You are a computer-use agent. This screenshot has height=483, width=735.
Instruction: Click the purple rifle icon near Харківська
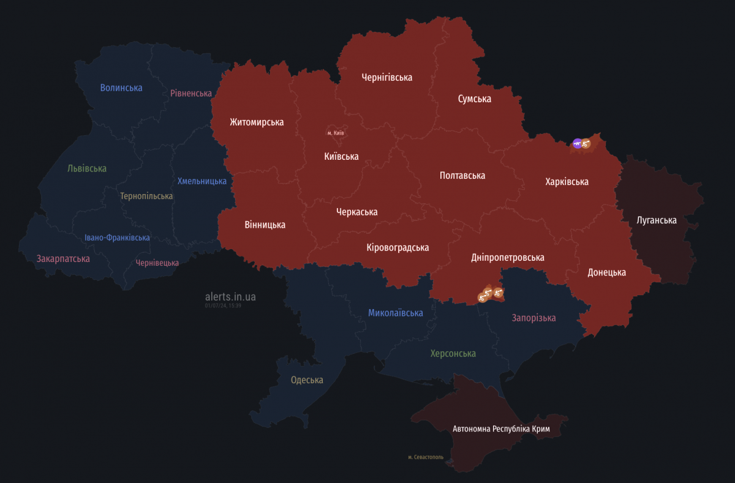577,144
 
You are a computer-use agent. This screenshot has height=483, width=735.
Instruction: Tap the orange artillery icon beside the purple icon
587,144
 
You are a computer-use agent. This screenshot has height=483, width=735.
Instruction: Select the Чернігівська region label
386,78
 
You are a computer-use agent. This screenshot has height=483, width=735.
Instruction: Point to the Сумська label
474,99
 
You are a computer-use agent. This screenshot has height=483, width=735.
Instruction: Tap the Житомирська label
257,122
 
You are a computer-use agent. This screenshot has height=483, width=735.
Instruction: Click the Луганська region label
657,220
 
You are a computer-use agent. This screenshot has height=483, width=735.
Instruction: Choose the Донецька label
606,272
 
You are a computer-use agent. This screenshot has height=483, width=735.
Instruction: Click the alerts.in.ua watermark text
230,297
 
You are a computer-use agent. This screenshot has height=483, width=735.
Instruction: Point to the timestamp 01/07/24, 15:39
223,305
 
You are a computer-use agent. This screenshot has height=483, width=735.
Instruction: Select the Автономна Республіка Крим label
501,429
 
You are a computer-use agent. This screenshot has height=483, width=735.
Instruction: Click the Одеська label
307,380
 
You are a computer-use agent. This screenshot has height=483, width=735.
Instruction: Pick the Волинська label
121,88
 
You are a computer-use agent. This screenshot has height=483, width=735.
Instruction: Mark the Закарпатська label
63,259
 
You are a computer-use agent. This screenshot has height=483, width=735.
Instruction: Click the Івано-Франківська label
117,238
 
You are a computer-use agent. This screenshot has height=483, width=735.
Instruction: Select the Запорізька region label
533,318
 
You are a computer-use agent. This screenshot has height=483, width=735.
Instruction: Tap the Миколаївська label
395,313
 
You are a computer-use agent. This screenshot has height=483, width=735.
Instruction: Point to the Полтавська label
462,176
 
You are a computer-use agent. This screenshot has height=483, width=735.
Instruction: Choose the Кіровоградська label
398,247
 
